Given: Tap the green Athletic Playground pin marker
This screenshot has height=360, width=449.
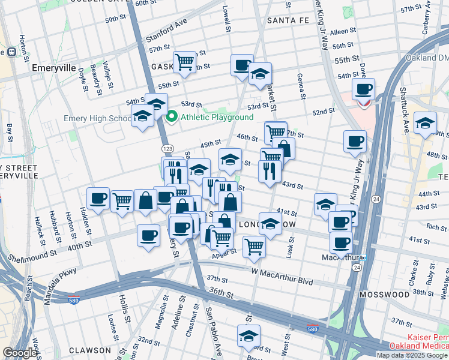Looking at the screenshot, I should tap(172, 117).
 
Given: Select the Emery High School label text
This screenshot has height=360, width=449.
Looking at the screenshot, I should tap(96, 118).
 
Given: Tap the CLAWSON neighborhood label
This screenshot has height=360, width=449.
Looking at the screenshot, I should tap(89, 350).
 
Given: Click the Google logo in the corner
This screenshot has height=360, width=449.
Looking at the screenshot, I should tap(20, 353).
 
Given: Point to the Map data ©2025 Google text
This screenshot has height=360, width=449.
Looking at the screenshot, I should tap(412, 355).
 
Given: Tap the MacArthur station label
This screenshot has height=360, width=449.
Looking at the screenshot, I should tap(339, 258).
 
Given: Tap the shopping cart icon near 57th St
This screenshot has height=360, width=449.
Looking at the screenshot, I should tap(185, 61).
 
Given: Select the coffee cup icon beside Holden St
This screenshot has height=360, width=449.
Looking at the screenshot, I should tap(98, 198).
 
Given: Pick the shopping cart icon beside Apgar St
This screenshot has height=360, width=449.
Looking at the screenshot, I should tap(255, 246).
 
